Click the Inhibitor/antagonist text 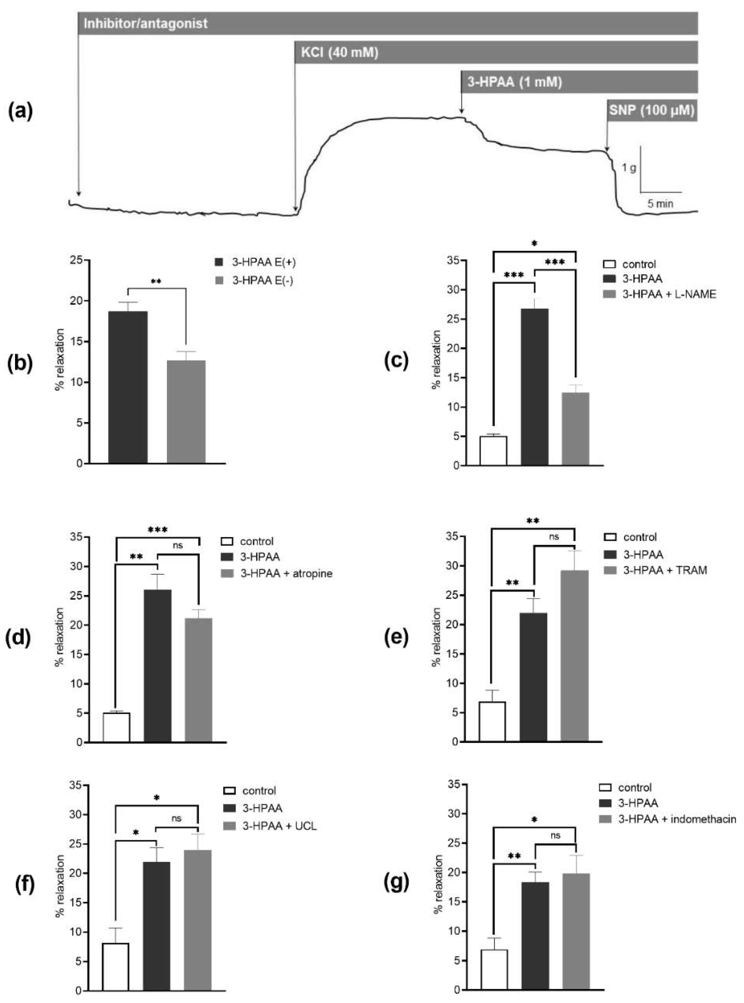[x=145, y=23]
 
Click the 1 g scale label [x=629, y=168]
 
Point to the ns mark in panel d [x=178, y=545]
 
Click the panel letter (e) [x=396, y=638]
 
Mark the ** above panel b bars [x=156, y=282]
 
